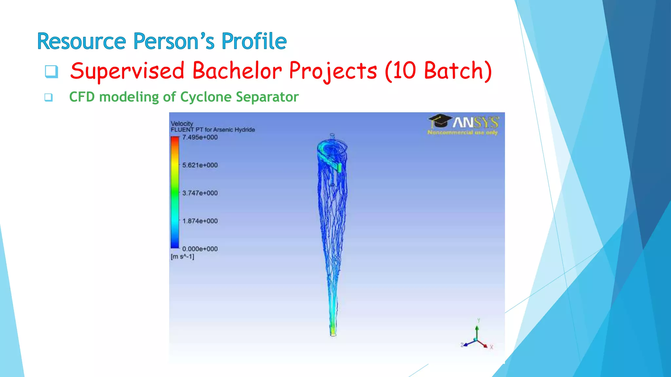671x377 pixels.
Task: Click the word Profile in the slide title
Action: point(254,41)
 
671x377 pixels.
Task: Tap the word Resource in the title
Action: point(82,41)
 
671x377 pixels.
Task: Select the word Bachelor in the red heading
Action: point(237,71)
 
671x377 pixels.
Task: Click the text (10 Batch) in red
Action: point(438,71)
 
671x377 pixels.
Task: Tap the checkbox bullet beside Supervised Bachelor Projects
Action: point(51,71)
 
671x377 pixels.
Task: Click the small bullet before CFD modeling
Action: point(48,97)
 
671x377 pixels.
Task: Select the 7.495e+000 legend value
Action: point(200,137)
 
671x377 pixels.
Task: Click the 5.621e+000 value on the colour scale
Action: point(200,165)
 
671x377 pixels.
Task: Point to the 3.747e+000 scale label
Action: point(200,193)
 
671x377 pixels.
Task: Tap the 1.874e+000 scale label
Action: point(200,221)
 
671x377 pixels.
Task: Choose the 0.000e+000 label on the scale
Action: point(200,249)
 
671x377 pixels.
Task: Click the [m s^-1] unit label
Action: point(182,257)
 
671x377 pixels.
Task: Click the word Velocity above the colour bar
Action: point(182,123)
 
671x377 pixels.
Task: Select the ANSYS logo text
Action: point(476,123)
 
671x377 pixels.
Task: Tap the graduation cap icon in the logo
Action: point(440,121)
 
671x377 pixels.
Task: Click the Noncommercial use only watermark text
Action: point(462,133)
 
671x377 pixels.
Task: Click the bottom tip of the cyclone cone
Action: point(333,334)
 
